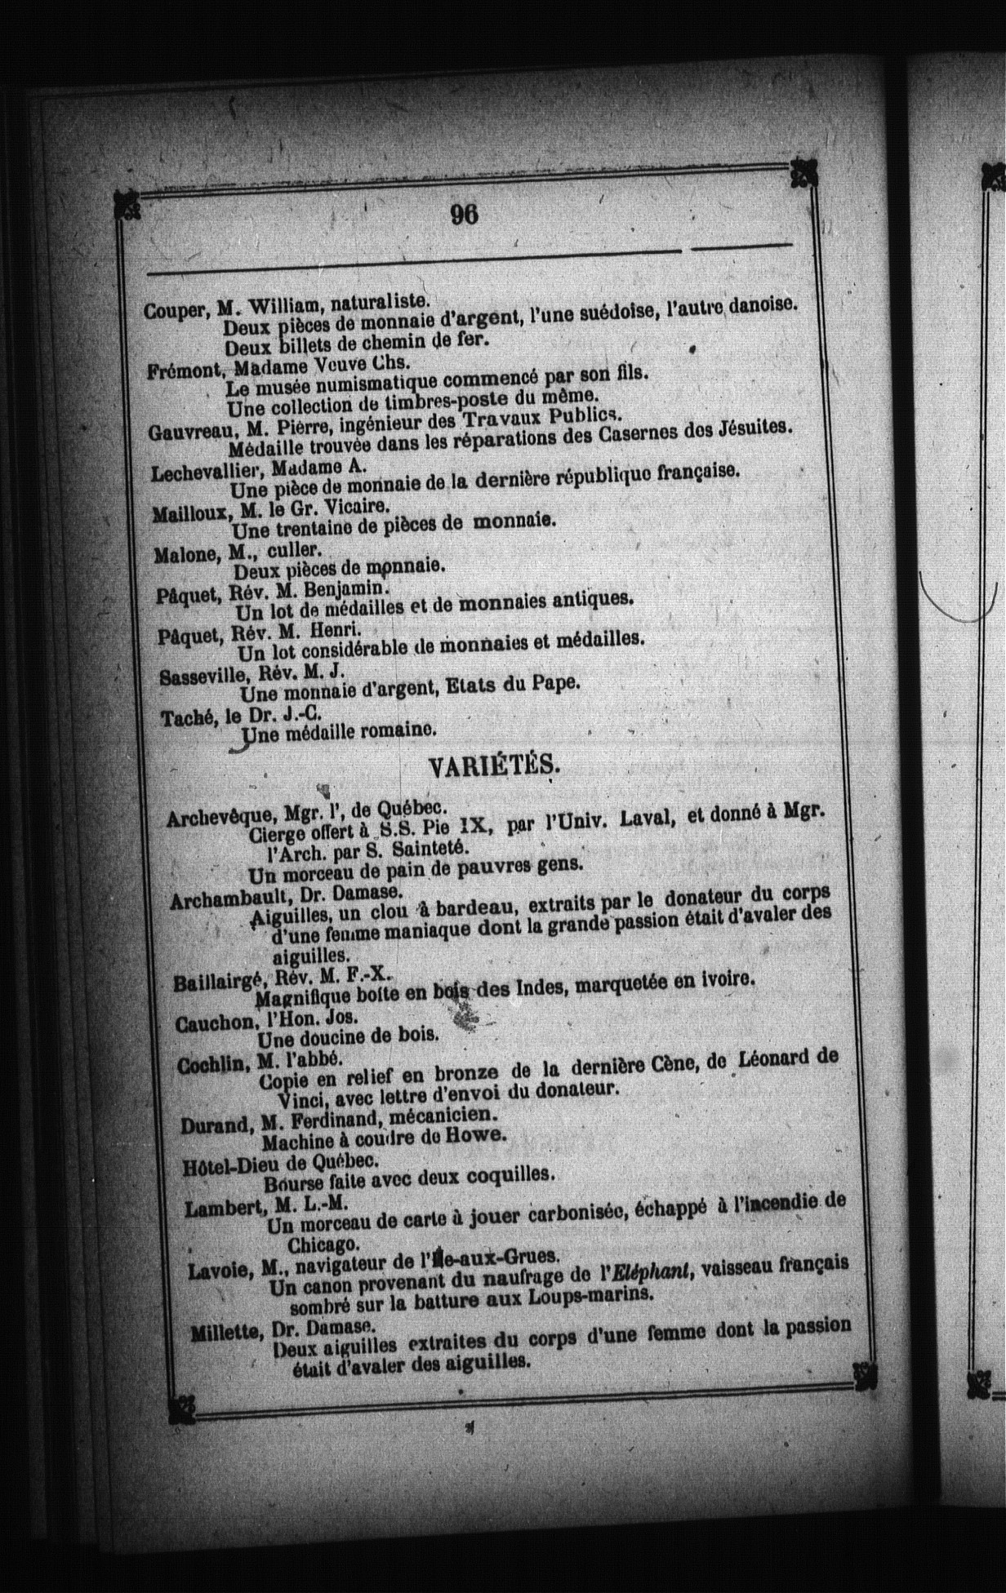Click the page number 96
pyautogui.click(x=463, y=214)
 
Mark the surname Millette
pyautogui.click(x=225, y=1333)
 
